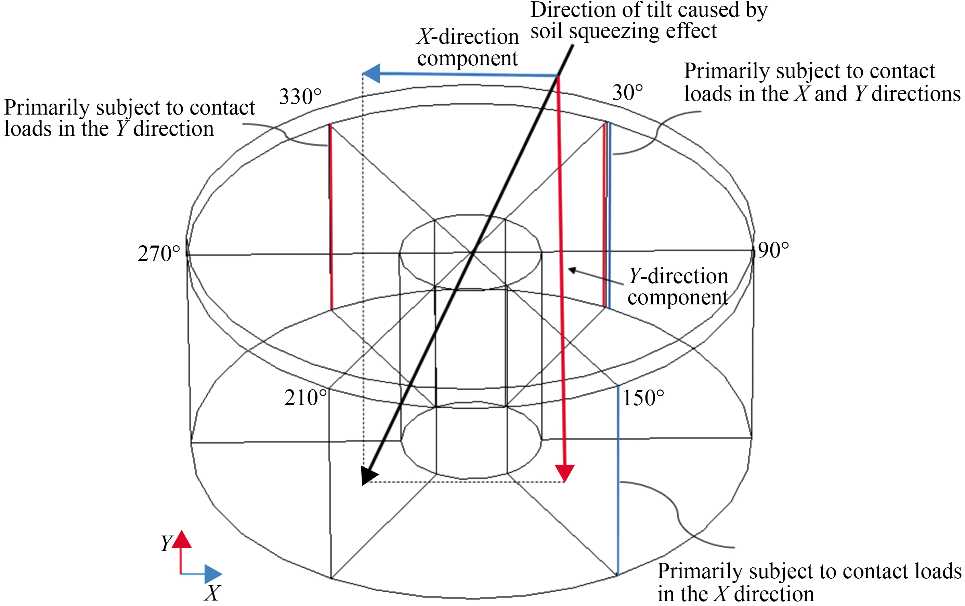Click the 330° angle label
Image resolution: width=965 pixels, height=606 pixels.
point(300,97)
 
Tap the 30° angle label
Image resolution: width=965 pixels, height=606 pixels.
point(627,93)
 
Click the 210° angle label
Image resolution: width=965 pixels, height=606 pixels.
point(305,398)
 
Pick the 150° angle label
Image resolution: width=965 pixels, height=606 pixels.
point(643,398)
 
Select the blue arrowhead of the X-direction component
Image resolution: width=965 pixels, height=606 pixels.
point(372,74)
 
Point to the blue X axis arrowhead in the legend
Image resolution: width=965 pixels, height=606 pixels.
point(213,574)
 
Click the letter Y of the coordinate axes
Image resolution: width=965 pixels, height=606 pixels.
point(166,543)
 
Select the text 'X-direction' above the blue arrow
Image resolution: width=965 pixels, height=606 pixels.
point(468,37)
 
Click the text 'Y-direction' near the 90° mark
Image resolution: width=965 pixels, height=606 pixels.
point(678,276)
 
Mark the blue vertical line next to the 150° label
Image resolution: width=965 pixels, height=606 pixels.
point(618,480)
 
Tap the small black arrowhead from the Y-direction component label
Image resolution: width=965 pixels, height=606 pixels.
point(572,271)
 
